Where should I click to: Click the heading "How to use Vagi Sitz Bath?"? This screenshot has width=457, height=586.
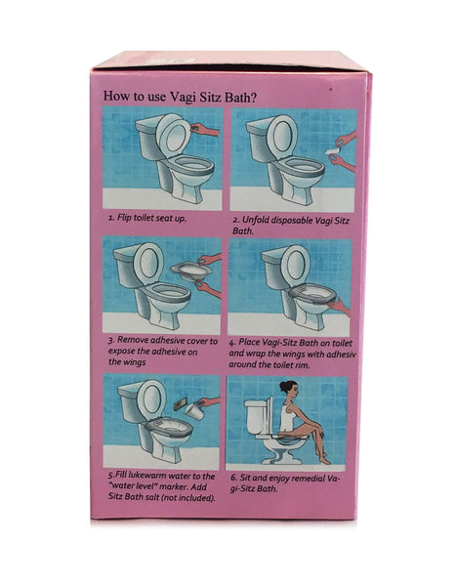180,97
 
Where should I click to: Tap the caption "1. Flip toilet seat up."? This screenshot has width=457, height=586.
147,218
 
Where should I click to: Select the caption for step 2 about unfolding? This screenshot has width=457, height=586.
291,225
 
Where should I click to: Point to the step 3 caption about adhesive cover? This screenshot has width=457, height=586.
162,352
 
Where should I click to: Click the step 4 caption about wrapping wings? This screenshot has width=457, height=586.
292,354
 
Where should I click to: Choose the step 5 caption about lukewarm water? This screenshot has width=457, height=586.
162,487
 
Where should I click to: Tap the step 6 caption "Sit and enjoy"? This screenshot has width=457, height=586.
285,483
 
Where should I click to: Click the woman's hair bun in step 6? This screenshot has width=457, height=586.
283,385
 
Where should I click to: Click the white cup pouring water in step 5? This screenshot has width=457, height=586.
194,411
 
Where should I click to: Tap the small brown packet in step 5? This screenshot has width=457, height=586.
180,404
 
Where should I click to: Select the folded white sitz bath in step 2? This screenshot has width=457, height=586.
332,150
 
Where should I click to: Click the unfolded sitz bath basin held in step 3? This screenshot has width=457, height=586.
190,271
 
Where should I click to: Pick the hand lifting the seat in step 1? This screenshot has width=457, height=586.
205,130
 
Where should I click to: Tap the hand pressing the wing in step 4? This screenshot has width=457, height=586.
339,308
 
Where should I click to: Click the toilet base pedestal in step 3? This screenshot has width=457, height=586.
161,318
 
